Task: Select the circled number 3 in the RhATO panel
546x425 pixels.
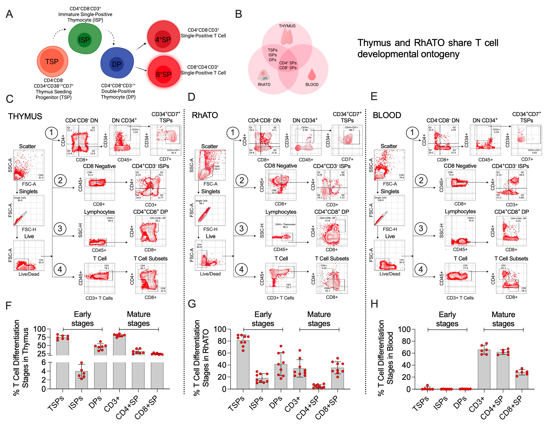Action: pos(241,228)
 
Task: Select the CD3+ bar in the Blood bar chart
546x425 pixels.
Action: pos(484,369)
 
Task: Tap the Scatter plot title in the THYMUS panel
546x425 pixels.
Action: pos(28,146)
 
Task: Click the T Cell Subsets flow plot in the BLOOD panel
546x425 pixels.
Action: pos(511,278)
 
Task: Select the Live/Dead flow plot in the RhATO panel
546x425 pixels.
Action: pos(210,255)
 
